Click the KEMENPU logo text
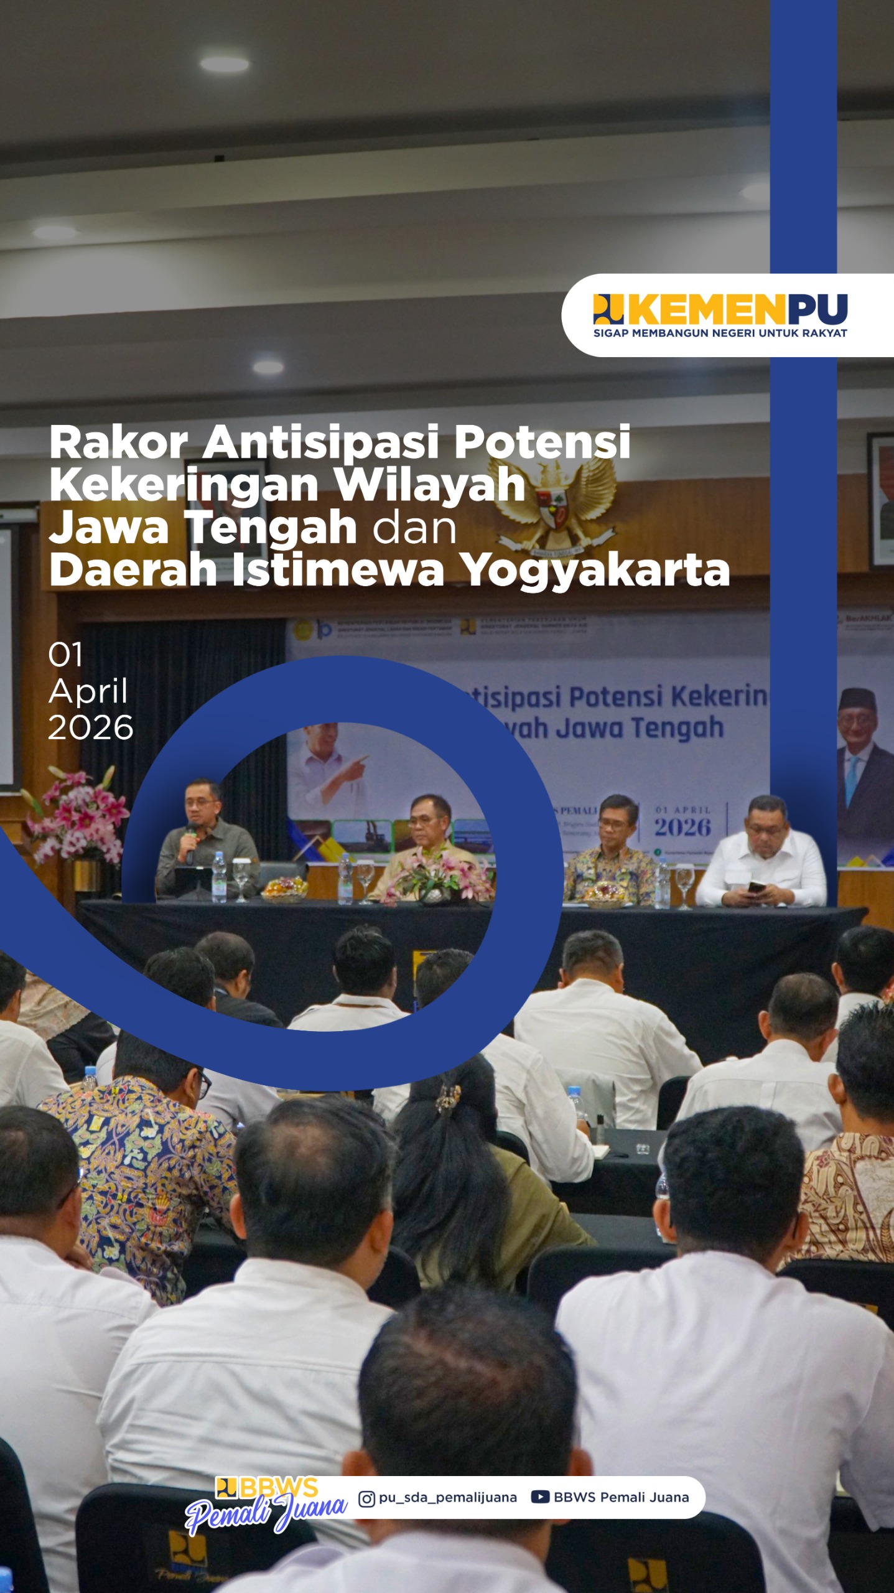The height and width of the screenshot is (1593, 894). pos(737,309)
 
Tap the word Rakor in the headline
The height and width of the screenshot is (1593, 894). pos(118,442)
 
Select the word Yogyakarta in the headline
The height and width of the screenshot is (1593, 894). pos(597,571)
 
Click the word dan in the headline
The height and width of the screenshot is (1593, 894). pos(415,528)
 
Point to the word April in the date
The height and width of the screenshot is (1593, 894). pos(88,691)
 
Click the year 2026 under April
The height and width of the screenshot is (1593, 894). pos(91,727)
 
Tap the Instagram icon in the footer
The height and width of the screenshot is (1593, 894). pos(366,1498)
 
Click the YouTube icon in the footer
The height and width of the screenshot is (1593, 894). pos(539,1497)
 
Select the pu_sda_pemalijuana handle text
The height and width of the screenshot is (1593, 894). pos(448,1498)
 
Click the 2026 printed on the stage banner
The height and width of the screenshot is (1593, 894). pos(682,828)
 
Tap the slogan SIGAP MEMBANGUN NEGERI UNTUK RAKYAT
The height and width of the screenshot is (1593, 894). pos(720,333)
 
